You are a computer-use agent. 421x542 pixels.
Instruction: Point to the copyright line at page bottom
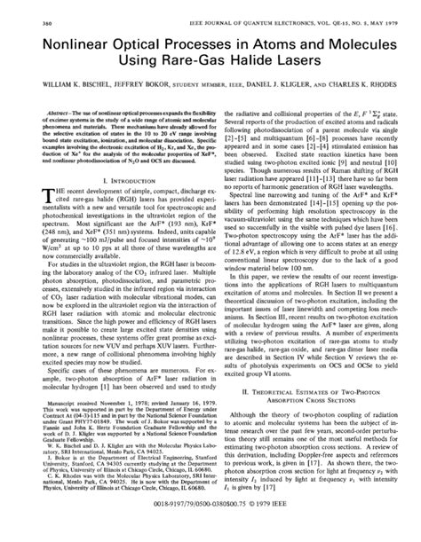click(210, 525)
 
